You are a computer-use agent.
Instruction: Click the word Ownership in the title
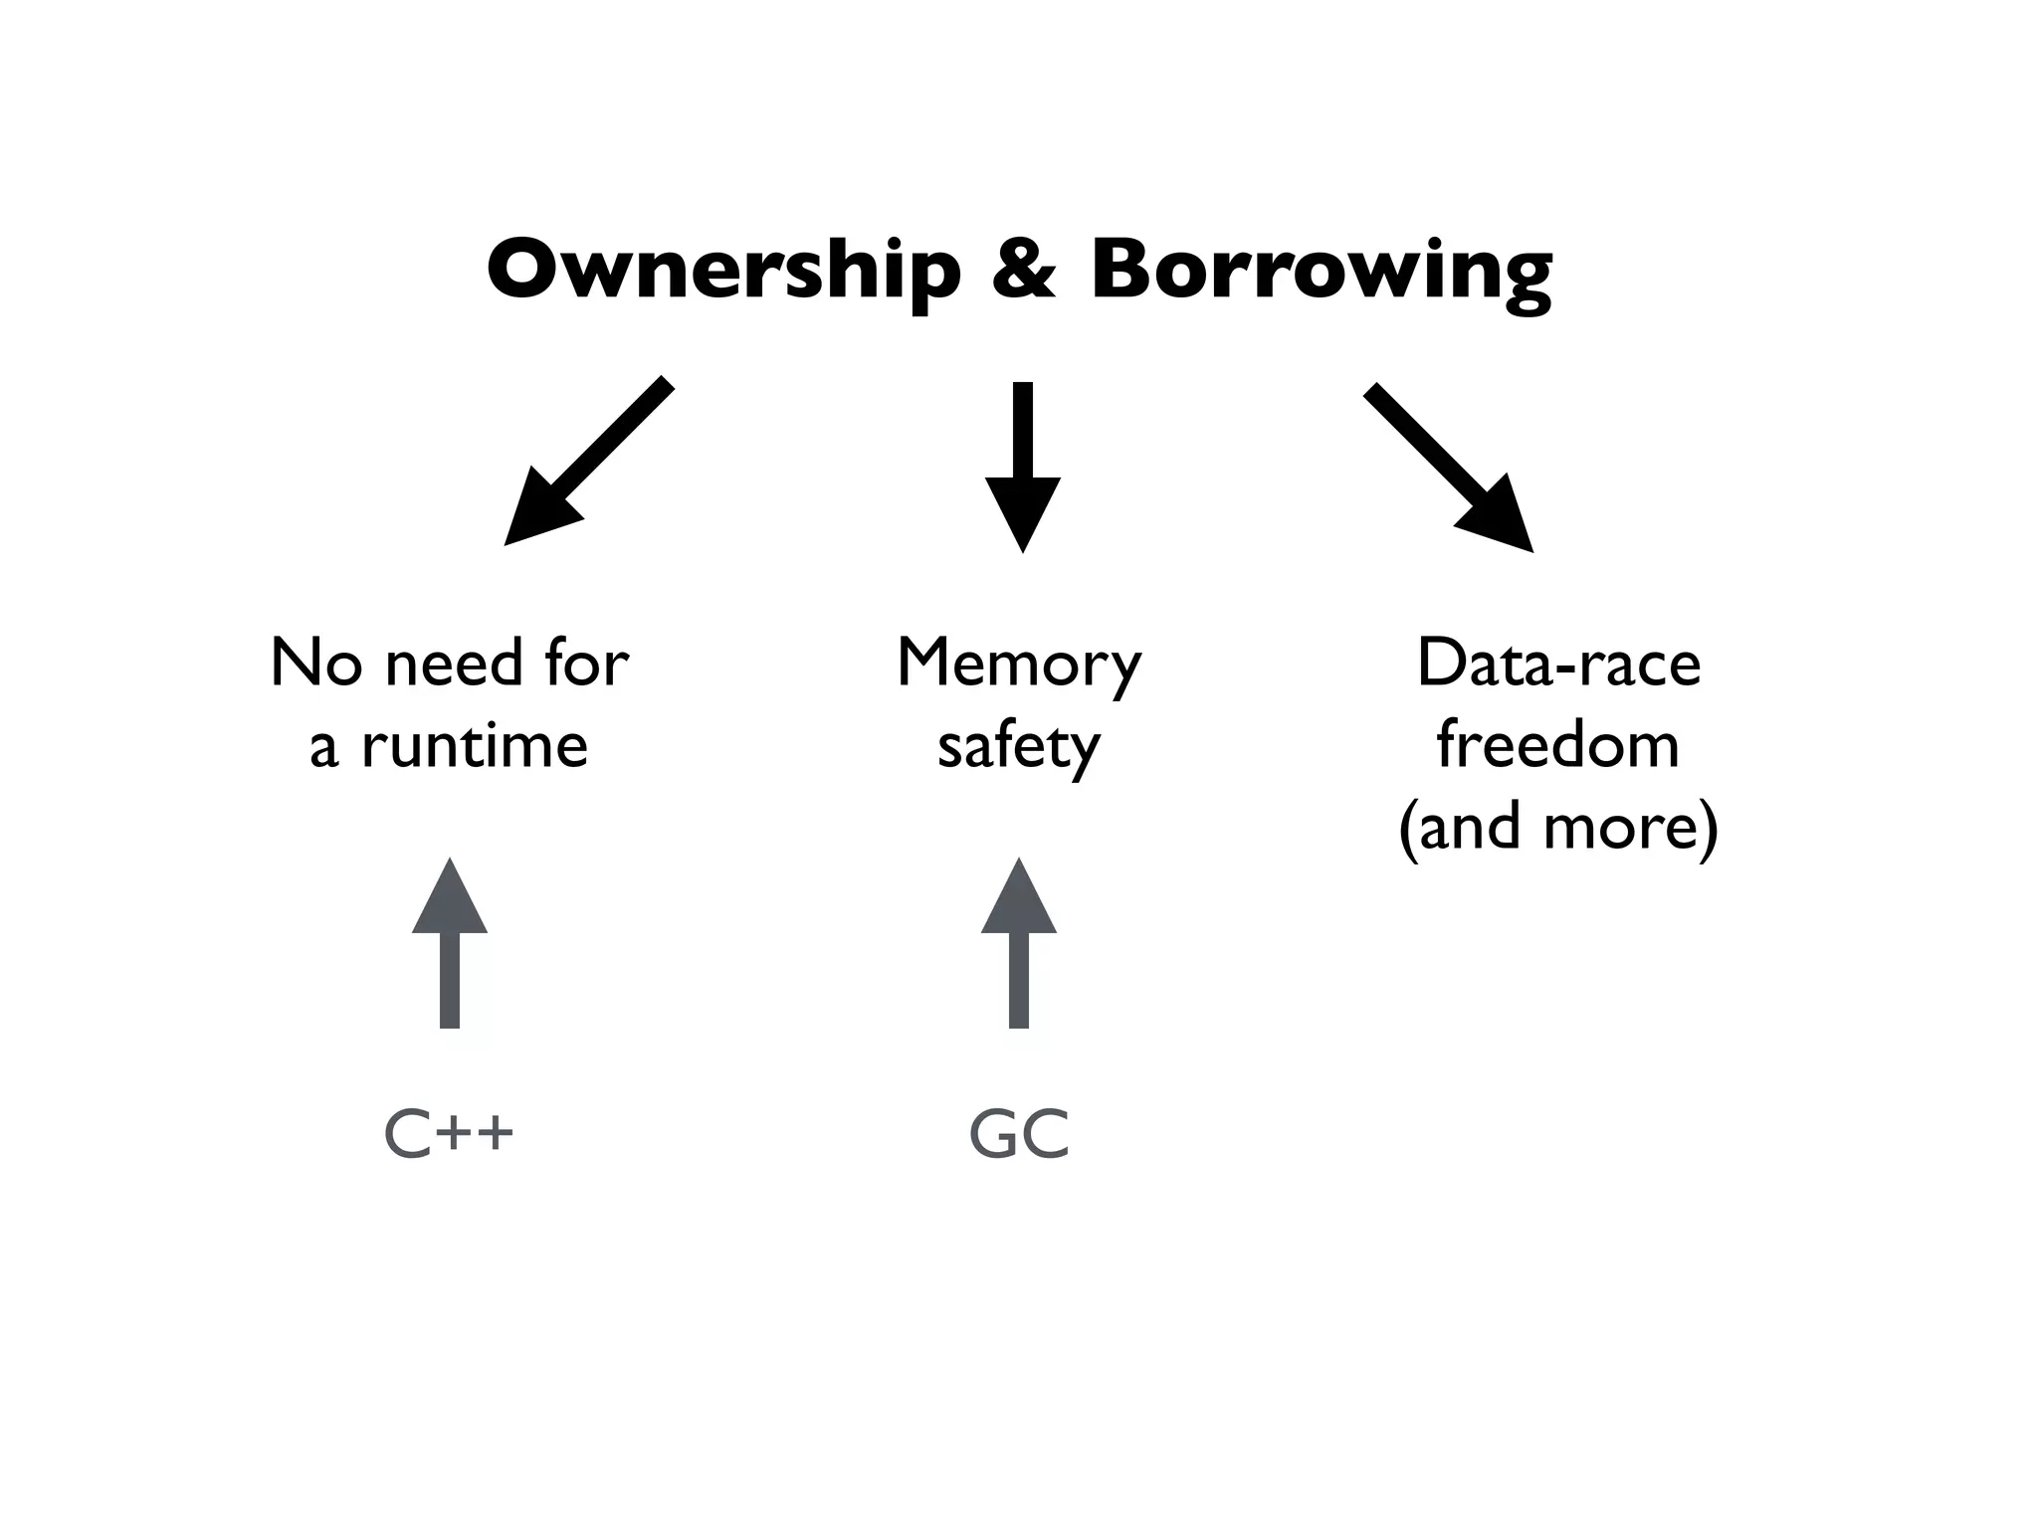click(x=723, y=271)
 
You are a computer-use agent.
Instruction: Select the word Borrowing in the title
click(x=1321, y=271)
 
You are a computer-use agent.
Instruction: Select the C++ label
click(x=449, y=1134)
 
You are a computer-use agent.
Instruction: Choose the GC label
click(x=1019, y=1134)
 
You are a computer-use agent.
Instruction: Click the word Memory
click(x=1019, y=665)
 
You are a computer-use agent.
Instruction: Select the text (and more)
click(x=1558, y=827)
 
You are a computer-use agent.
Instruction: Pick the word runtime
click(x=475, y=745)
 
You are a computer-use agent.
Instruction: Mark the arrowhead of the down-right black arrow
click(x=1498, y=517)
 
